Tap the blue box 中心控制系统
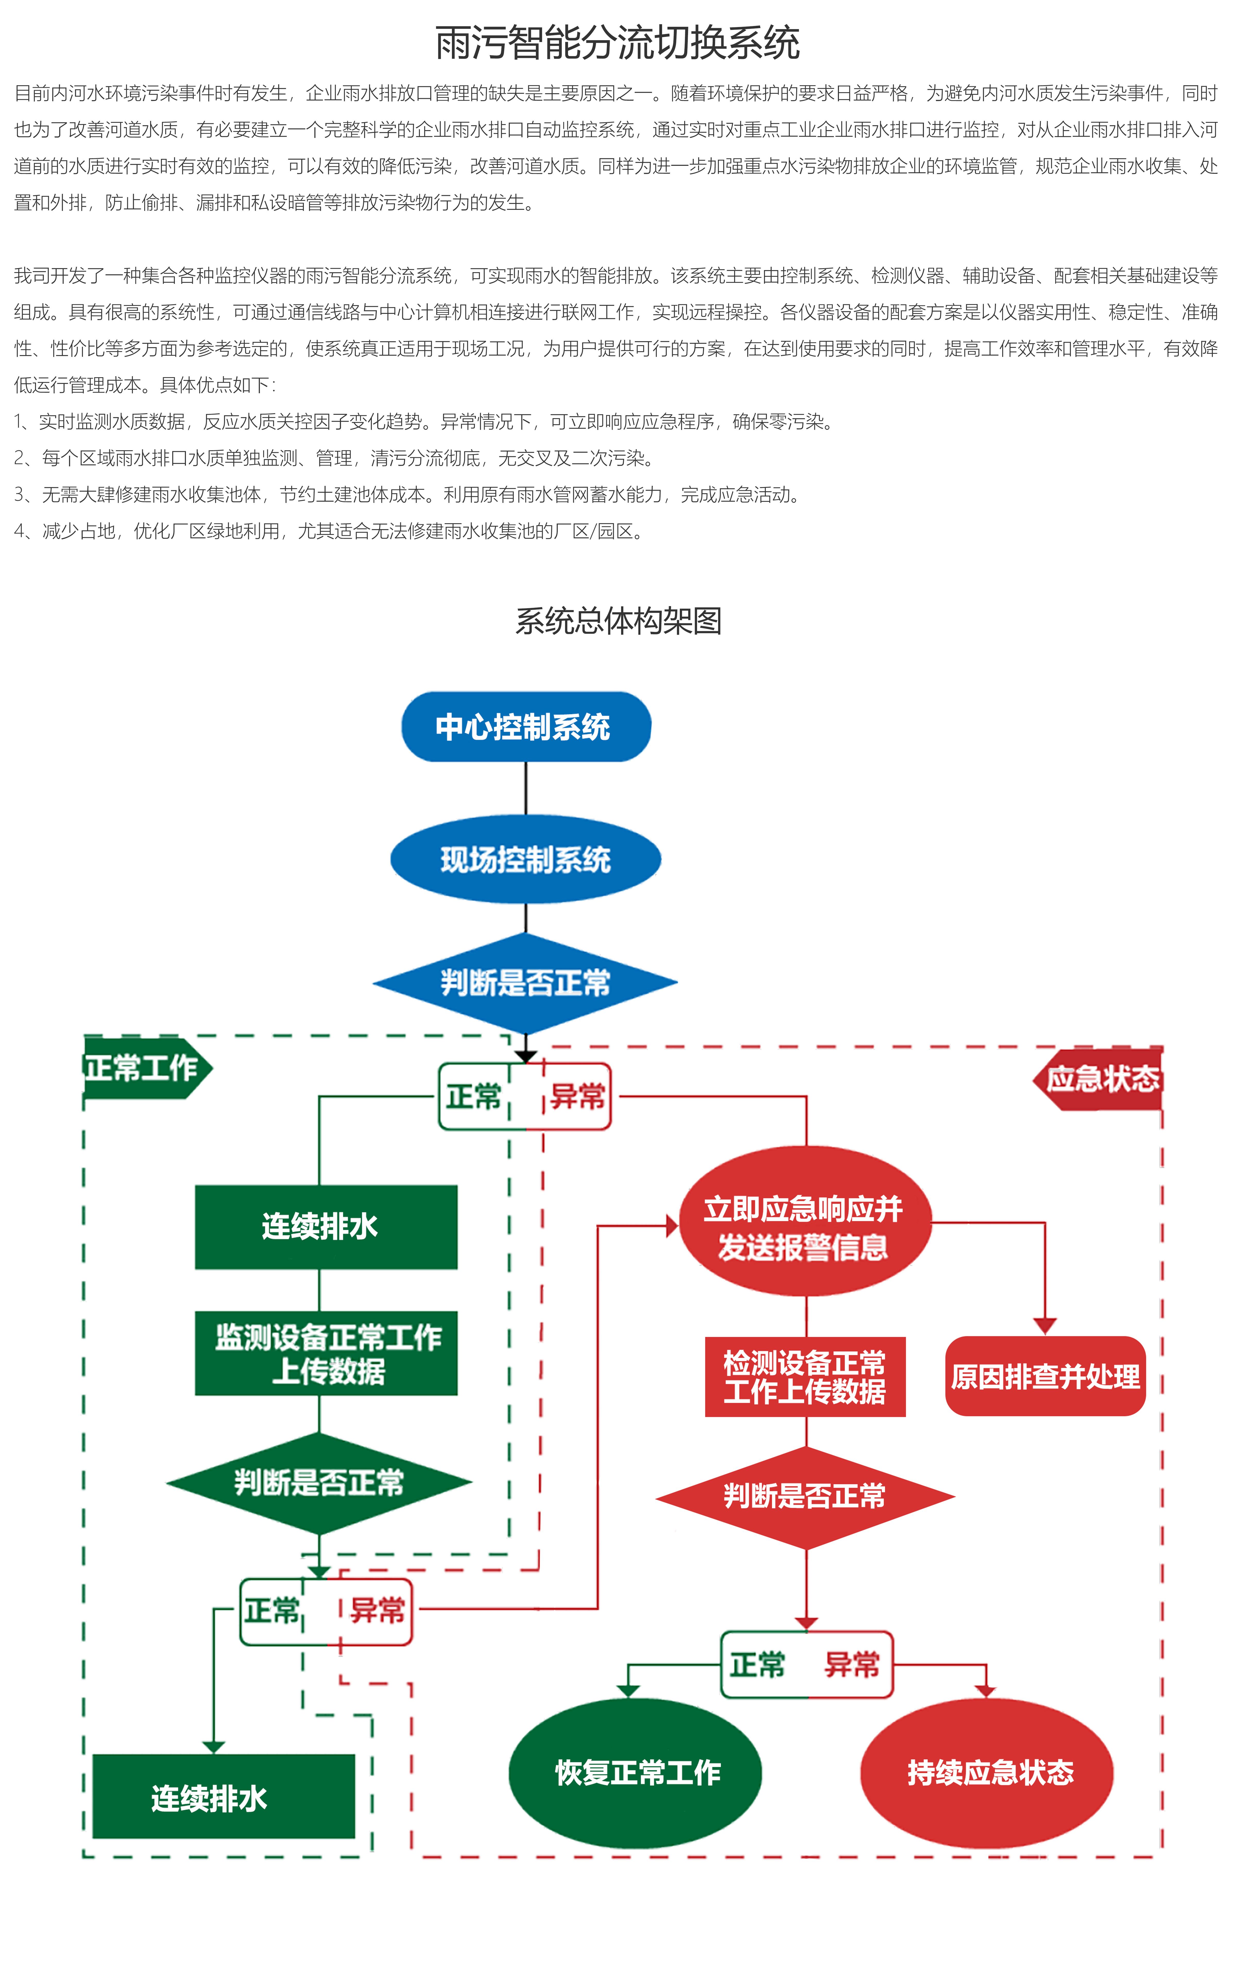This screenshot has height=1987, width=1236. coord(526,727)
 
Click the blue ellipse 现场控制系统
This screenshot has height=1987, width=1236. coord(526,859)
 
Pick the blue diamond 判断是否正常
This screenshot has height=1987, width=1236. coord(526,983)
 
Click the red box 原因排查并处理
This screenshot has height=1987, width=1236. coord(1045,1377)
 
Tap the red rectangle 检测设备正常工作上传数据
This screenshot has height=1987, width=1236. coord(805,1377)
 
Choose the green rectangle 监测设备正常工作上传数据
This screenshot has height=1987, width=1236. coord(326,1354)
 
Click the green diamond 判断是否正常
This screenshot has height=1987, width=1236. coord(319,1483)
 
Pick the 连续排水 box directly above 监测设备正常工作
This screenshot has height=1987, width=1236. coord(326,1227)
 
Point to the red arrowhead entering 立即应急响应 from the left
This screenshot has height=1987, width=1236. coord(672,1226)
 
